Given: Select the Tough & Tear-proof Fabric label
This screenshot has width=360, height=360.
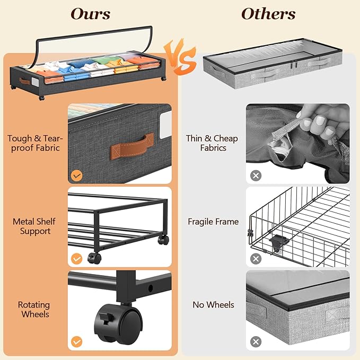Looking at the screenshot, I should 34,143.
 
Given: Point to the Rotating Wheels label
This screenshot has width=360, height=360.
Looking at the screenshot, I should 34,310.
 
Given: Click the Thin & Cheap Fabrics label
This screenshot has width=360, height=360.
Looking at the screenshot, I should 212,143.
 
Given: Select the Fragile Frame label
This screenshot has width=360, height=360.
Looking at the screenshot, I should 213,222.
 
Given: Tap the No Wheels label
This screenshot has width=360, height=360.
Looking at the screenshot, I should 213,305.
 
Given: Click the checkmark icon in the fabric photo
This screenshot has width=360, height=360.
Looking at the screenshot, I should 77,175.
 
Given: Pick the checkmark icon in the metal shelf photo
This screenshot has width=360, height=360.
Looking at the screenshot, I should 77,259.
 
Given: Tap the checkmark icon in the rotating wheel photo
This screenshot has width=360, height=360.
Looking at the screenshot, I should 77,342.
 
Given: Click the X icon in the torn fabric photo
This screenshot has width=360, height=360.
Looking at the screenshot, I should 255,175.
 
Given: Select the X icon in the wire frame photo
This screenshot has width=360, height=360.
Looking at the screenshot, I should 255,259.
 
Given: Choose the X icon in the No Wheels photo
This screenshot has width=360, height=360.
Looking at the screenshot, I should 255,342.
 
